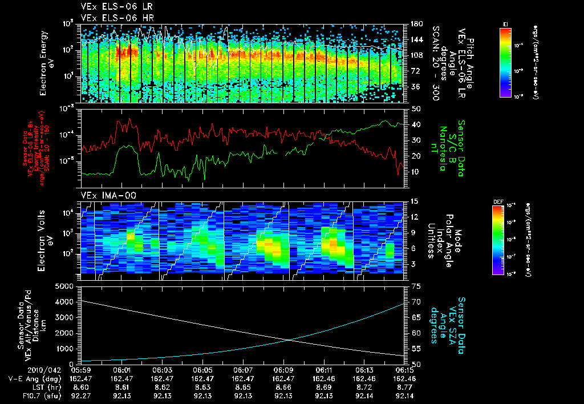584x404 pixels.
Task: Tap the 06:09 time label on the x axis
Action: tap(283, 370)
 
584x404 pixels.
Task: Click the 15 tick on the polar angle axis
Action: tap(415, 201)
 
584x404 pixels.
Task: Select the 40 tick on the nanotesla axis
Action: tap(416, 124)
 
